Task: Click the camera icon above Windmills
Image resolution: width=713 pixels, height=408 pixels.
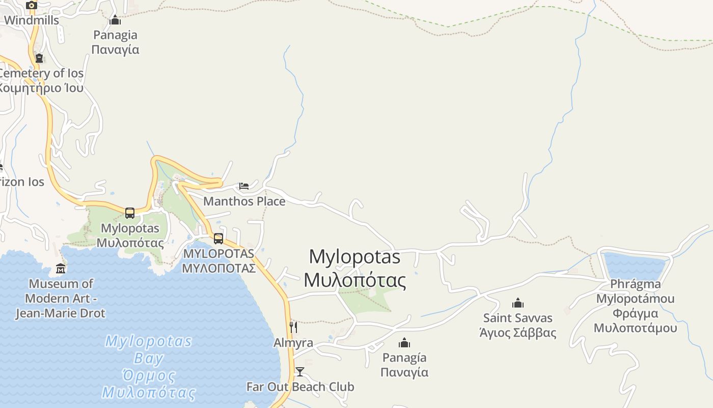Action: (32, 5)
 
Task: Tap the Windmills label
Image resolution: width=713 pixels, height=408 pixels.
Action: (32, 20)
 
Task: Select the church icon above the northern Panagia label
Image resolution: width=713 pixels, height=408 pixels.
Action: (115, 20)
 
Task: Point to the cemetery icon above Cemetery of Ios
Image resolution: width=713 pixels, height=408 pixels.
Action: (39, 58)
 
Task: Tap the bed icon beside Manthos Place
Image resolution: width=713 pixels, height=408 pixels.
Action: (244, 186)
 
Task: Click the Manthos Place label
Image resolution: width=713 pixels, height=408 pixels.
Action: (244, 201)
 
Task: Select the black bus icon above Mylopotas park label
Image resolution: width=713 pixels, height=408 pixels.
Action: (130, 213)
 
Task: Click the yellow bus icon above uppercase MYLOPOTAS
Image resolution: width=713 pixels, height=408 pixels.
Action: (218, 238)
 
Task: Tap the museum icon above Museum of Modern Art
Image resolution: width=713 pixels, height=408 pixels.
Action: (61, 268)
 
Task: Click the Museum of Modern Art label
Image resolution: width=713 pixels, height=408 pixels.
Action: (60, 298)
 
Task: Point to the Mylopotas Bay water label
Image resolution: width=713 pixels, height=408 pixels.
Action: (149, 367)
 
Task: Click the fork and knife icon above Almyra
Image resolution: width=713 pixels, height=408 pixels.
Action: (293, 327)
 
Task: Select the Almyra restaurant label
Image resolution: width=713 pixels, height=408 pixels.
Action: (293, 343)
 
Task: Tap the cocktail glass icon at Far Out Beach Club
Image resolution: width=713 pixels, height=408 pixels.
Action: (300, 371)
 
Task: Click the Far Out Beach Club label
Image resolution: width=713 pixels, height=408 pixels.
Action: (300, 387)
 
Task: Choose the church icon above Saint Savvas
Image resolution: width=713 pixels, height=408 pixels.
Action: (518, 303)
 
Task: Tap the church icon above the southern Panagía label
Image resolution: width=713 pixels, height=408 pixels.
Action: (404, 342)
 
